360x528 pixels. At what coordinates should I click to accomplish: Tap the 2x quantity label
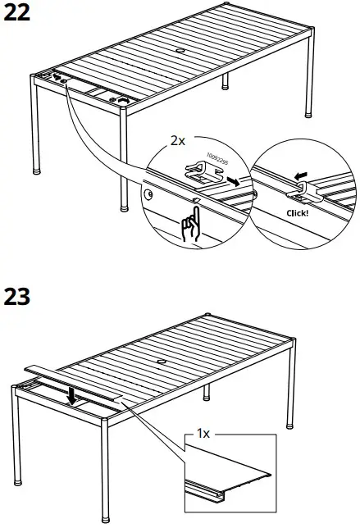tap(177, 140)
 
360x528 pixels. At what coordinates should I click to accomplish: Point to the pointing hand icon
tap(189, 224)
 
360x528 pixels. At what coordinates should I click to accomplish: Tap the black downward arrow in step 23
tap(73, 396)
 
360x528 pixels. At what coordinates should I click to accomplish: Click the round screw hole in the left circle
tap(149, 194)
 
